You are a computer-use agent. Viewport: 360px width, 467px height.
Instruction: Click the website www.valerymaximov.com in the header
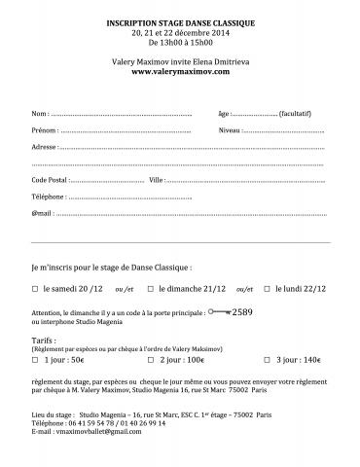(x=180, y=71)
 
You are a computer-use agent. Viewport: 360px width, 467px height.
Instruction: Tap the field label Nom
(x=40, y=115)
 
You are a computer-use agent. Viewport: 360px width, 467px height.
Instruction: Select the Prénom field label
(x=44, y=129)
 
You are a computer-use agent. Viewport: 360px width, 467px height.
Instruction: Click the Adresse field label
(x=44, y=146)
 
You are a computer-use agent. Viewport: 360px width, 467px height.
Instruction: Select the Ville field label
(x=158, y=180)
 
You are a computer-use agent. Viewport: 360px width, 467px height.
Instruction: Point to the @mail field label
(x=42, y=211)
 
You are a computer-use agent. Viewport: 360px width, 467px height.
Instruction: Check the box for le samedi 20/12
(x=35, y=289)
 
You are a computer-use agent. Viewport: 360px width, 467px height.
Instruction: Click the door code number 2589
(x=242, y=312)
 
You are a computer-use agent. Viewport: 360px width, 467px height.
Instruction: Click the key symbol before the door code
(x=220, y=312)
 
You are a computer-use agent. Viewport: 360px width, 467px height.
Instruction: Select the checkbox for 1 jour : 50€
(x=35, y=359)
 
